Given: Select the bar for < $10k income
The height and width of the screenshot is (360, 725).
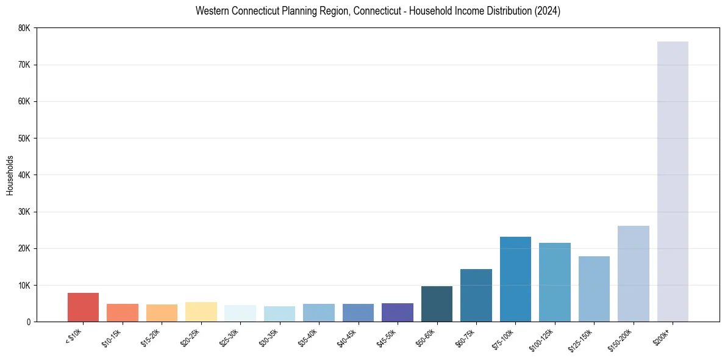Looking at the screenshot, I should (83, 308).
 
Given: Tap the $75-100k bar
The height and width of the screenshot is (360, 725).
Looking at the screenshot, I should (515, 279).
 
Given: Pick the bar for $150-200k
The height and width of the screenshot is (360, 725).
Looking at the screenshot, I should (633, 274).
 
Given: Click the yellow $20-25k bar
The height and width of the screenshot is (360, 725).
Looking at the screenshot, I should (201, 312).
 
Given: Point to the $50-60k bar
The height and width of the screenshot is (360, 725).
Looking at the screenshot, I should (437, 304).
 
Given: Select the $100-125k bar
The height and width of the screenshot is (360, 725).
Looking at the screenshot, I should (554, 283).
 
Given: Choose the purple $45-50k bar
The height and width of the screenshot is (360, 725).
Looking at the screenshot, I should (397, 312).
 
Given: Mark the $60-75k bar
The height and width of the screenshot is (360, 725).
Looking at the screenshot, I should (476, 295).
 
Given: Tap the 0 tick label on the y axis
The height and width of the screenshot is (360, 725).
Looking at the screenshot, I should (29, 322).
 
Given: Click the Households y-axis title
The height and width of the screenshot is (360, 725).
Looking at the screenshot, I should (10, 175).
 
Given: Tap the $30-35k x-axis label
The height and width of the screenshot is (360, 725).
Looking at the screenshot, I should (269, 337).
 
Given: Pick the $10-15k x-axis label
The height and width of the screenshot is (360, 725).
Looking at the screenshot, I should (112, 337).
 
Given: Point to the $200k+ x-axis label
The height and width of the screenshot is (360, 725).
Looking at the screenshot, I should (662, 336).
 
